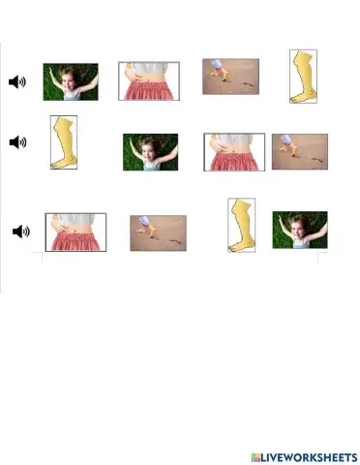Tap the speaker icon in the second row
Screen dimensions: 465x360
(16, 142)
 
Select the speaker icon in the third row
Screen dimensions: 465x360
(21, 231)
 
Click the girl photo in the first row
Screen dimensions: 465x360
(70, 81)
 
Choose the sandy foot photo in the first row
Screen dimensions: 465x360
(230, 77)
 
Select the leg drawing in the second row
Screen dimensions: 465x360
(65, 143)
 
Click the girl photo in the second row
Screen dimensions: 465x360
(149, 152)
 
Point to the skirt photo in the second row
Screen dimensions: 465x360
(233, 152)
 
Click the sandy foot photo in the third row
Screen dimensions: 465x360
(158, 232)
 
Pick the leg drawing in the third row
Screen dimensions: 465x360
(241, 225)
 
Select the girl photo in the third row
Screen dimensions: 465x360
(299, 231)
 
